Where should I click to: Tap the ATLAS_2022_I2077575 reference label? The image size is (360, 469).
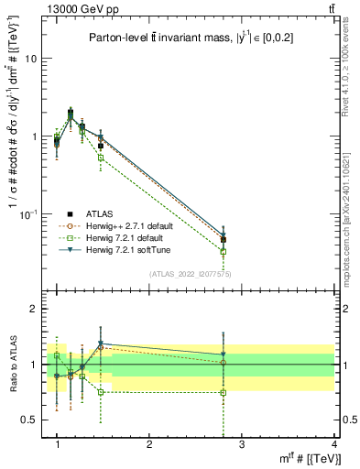point(192,274)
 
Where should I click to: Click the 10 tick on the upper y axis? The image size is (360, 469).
point(30,59)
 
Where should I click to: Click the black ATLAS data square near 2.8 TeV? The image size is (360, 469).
point(224,240)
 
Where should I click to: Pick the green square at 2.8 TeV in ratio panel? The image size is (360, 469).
point(224,392)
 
